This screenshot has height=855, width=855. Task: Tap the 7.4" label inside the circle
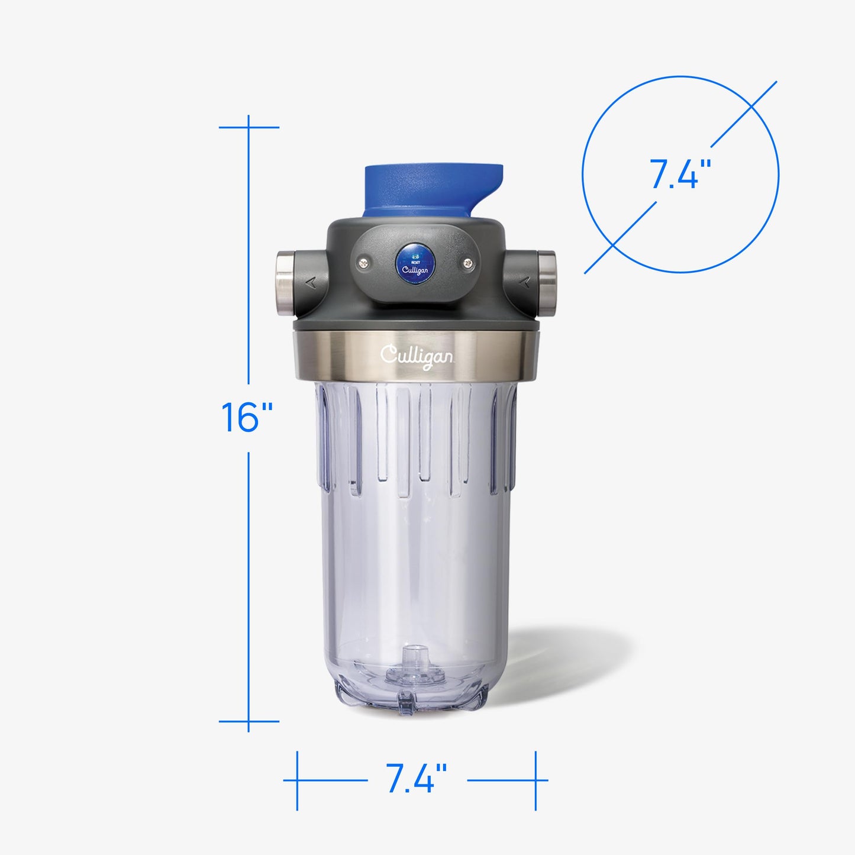(x=680, y=175)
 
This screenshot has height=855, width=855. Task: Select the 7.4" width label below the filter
(x=416, y=779)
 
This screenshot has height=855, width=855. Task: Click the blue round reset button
(x=415, y=263)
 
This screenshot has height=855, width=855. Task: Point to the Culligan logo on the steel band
(x=417, y=356)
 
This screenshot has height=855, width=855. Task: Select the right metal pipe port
(x=546, y=275)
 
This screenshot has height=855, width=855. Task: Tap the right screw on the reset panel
(x=468, y=263)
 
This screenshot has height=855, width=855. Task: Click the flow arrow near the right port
(x=523, y=282)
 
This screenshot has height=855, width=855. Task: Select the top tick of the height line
(x=249, y=127)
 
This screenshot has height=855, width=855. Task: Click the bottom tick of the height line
(x=249, y=721)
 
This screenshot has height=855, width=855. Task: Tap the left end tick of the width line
(x=297, y=780)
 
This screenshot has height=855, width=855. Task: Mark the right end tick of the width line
(x=535, y=780)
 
